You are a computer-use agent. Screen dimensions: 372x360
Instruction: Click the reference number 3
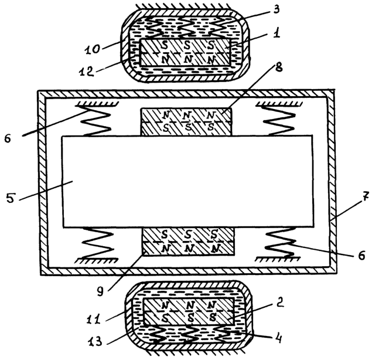coord(277,10)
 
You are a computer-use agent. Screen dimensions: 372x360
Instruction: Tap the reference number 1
coord(277,32)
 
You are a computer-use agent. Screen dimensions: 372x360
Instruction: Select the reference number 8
coord(279,67)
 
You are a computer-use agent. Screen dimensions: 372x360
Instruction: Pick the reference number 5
coord(11,198)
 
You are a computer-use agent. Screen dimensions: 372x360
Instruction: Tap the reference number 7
coord(366,196)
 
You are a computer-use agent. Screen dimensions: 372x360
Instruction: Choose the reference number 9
coord(101,291)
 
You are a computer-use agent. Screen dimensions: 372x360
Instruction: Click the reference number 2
coord(279,303)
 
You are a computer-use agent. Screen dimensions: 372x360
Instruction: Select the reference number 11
coord(94,320)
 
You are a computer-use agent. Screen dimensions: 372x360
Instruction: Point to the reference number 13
coord(95,341)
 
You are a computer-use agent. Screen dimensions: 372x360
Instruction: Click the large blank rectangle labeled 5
coord(187,181)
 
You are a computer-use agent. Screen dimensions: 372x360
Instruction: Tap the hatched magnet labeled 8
coord(186,122)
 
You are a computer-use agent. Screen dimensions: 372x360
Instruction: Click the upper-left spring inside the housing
coord(97,121)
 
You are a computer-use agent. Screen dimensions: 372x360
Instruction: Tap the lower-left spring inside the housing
coord(97,243)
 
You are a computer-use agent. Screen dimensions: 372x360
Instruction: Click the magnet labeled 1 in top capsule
coord(186,52)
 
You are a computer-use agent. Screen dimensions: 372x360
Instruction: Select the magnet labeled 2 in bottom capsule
coord(189,311)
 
